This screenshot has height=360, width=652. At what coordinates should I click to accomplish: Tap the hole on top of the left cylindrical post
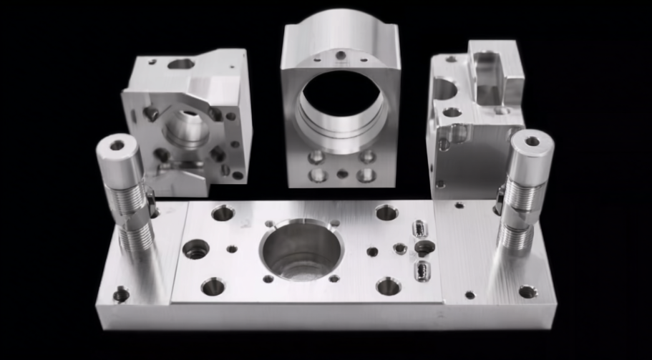(x=117, y=145)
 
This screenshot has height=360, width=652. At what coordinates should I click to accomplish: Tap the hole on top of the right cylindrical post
(x=532, y=141)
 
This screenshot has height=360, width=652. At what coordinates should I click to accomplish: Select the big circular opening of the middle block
(x=340, y=100)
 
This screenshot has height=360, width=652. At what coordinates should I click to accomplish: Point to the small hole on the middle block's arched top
(x=341, y=54)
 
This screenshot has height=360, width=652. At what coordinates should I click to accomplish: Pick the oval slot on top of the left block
(x=182, y=64)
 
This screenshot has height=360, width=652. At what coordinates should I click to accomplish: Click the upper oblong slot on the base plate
(x=418, y=229)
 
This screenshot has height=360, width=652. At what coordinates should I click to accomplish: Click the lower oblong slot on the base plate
(x=422, y=270)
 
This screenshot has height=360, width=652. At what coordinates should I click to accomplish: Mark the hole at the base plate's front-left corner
(x=122, y=294)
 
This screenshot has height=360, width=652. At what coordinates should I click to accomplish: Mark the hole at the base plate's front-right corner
(x=527, y=291)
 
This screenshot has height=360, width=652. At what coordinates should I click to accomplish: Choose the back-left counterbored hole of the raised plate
(x=223, y=213)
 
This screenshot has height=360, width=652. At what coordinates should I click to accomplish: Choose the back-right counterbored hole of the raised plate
(x=386, y=212)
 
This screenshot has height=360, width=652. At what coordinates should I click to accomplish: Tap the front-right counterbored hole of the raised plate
(x=388, y=286)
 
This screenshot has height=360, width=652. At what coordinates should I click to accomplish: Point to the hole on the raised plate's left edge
(x=195, y=249)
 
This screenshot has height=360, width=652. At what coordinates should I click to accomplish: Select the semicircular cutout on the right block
(x=444, y=89)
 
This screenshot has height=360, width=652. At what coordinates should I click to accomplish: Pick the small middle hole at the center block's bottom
(x=342, y=173)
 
